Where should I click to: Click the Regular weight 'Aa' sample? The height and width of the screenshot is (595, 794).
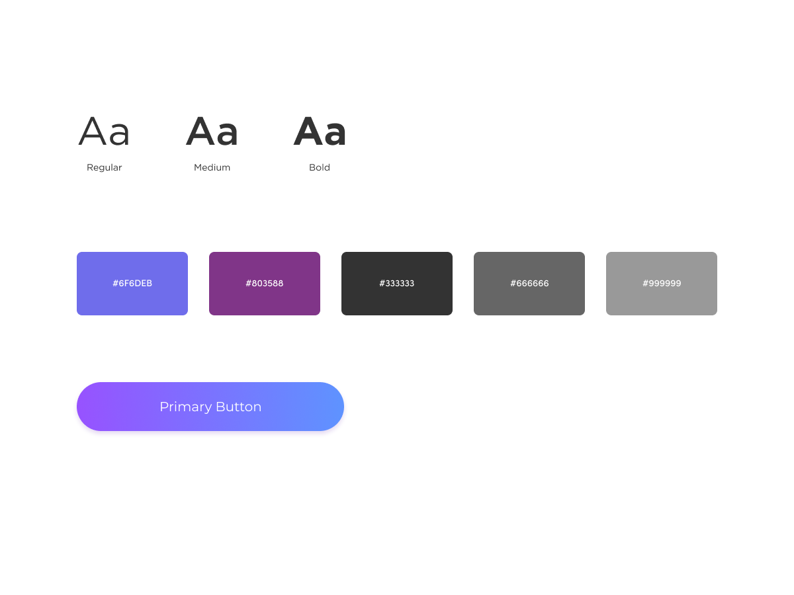pos(105,132)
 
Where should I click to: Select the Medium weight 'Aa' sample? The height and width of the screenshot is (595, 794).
pos(212,132)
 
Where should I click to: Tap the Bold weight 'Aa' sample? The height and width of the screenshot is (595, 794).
pos(320,132)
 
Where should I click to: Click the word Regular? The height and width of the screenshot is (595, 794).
pos(105,168)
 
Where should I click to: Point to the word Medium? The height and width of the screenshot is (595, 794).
pos(212,168)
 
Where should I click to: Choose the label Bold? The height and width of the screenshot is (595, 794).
pos(320,168)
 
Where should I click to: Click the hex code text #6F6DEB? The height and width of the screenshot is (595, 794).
pos(132,284)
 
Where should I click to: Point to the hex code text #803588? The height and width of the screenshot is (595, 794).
pos(265,284)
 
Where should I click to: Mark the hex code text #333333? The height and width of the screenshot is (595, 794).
pos(397,284)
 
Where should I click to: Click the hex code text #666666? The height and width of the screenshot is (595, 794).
pos(529,284)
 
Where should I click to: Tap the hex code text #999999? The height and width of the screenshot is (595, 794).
pos(662,284)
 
